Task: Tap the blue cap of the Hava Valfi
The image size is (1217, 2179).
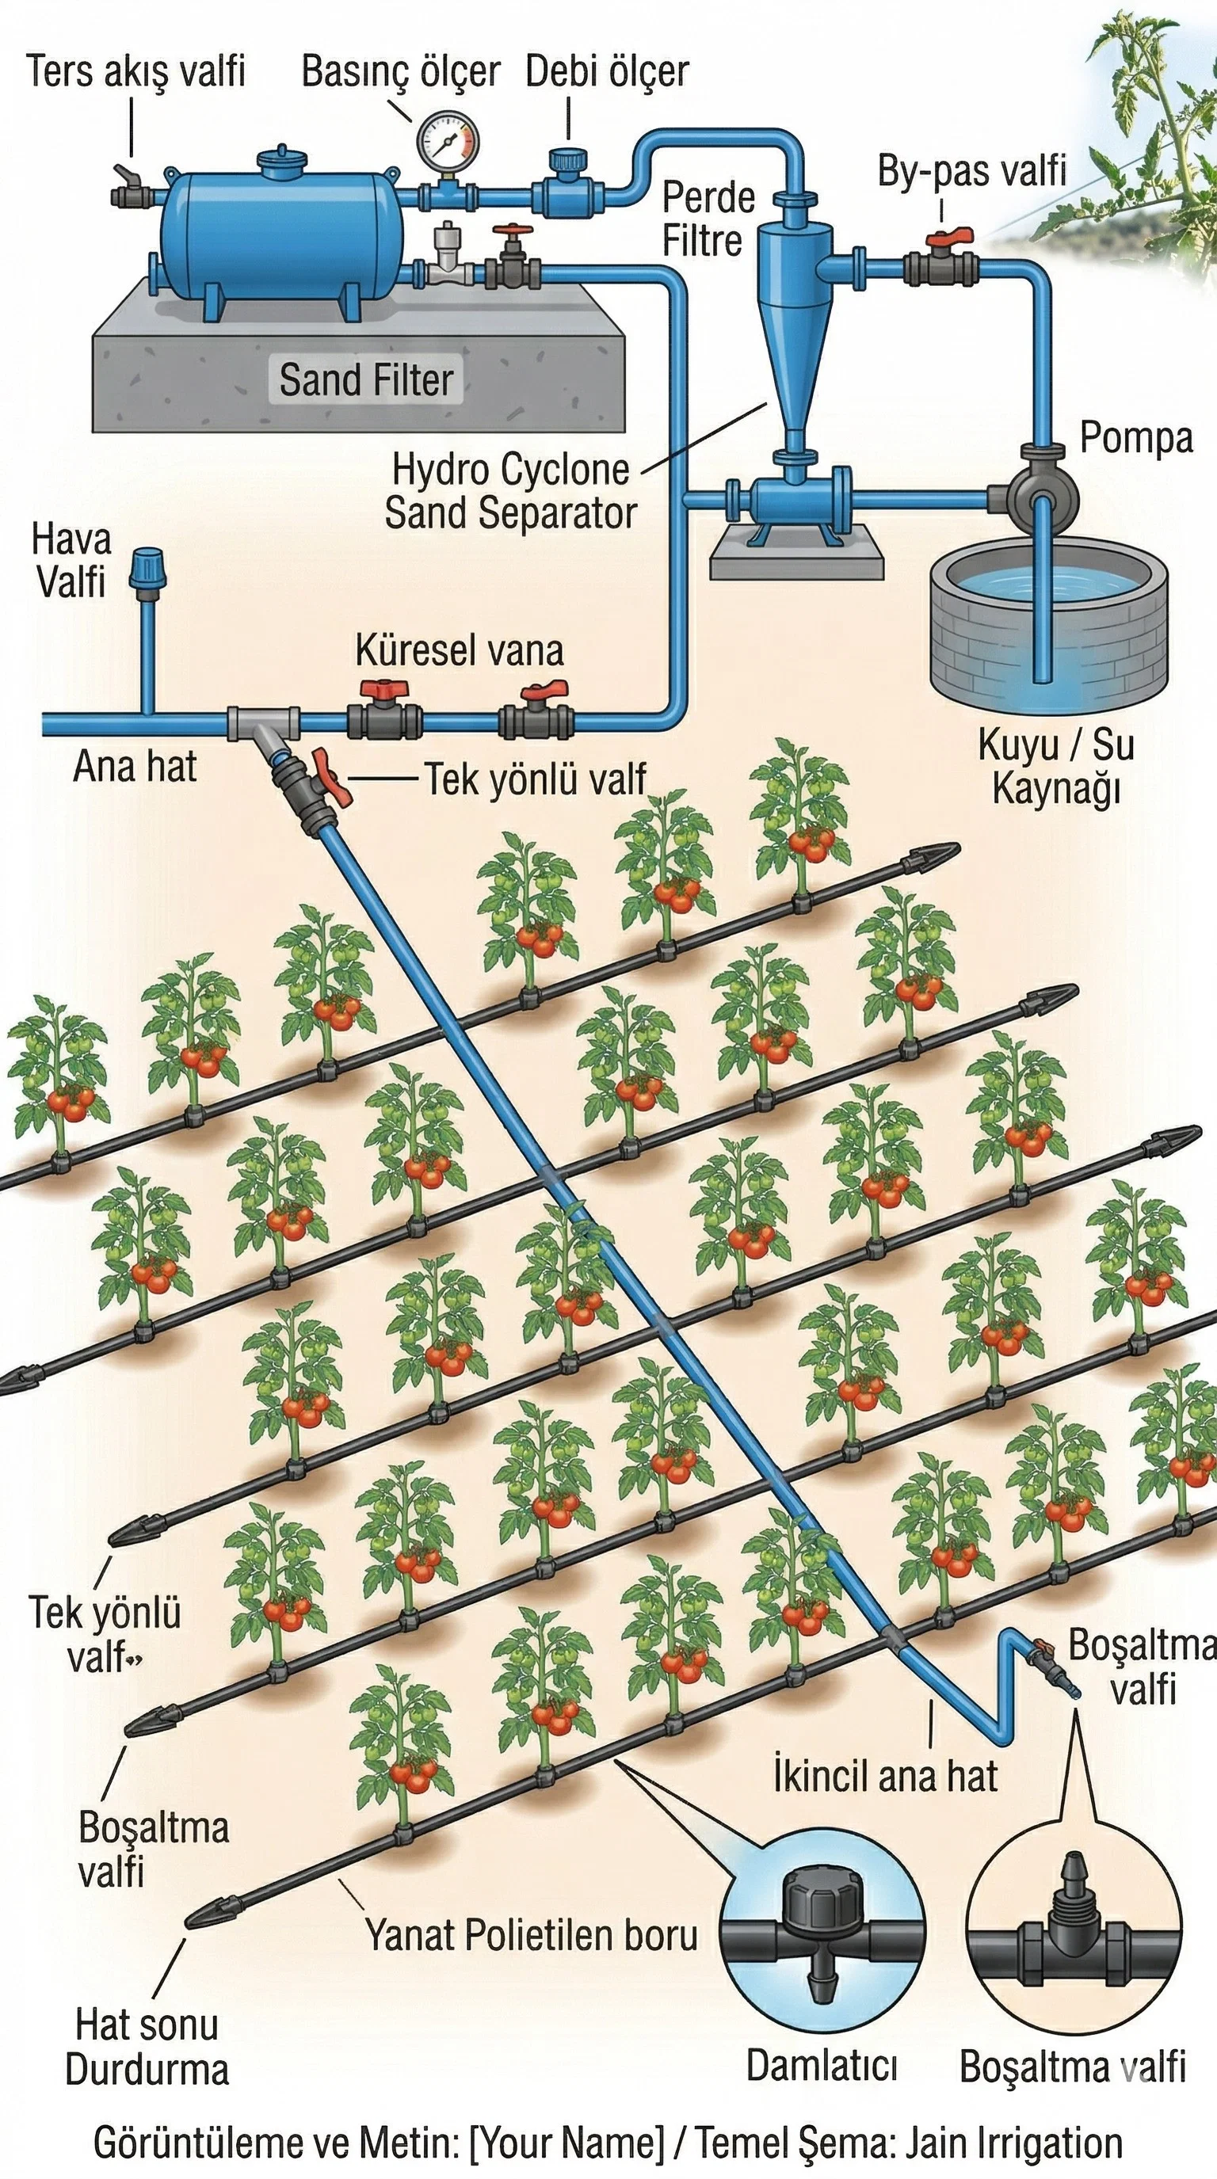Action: [147, 569]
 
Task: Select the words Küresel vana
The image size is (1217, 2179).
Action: [460, 650]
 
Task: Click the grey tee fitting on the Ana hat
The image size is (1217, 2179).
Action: [262, 724]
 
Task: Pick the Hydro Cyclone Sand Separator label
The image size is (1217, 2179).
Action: [510, 491]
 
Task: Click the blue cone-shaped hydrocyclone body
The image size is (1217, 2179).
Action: [792, 338]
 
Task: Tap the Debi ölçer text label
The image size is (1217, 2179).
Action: [606, 71]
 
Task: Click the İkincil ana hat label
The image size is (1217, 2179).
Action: [884, 1777]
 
